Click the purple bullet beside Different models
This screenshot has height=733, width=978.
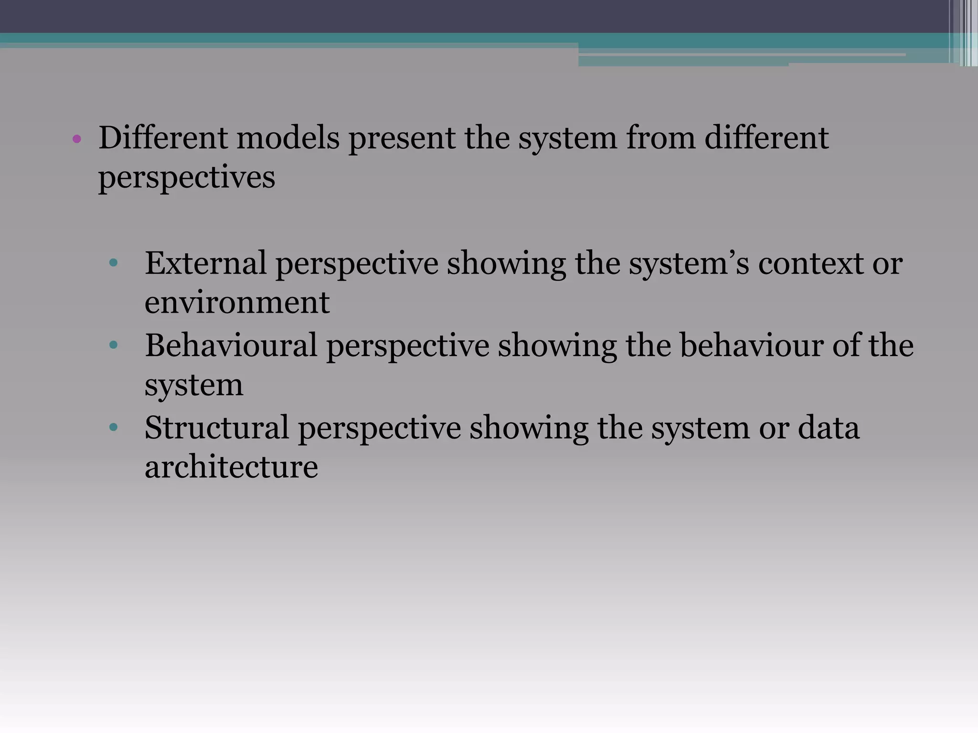tap(77, 139)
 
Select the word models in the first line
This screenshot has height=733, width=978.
tap(287, 138)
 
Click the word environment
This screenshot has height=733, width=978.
tap(237, 303)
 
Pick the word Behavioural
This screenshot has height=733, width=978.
tap(231, 345)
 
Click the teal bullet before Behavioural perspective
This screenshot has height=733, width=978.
tap(113, 345)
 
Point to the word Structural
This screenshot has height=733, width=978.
tap(216, 427)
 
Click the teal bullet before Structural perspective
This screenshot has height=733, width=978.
tap(113, 427)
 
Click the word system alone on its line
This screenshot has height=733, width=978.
tap(194, 386)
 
